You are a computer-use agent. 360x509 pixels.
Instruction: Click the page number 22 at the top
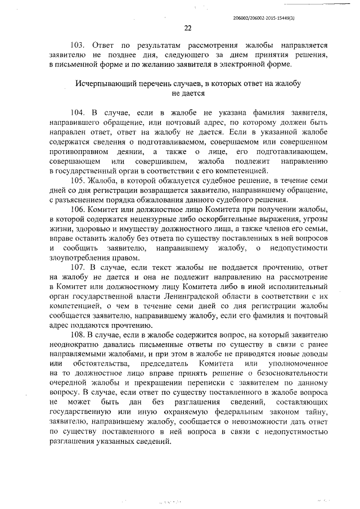188,29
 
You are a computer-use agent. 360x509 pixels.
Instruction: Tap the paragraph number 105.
79,180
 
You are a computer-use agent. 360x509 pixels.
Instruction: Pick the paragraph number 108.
79,336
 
